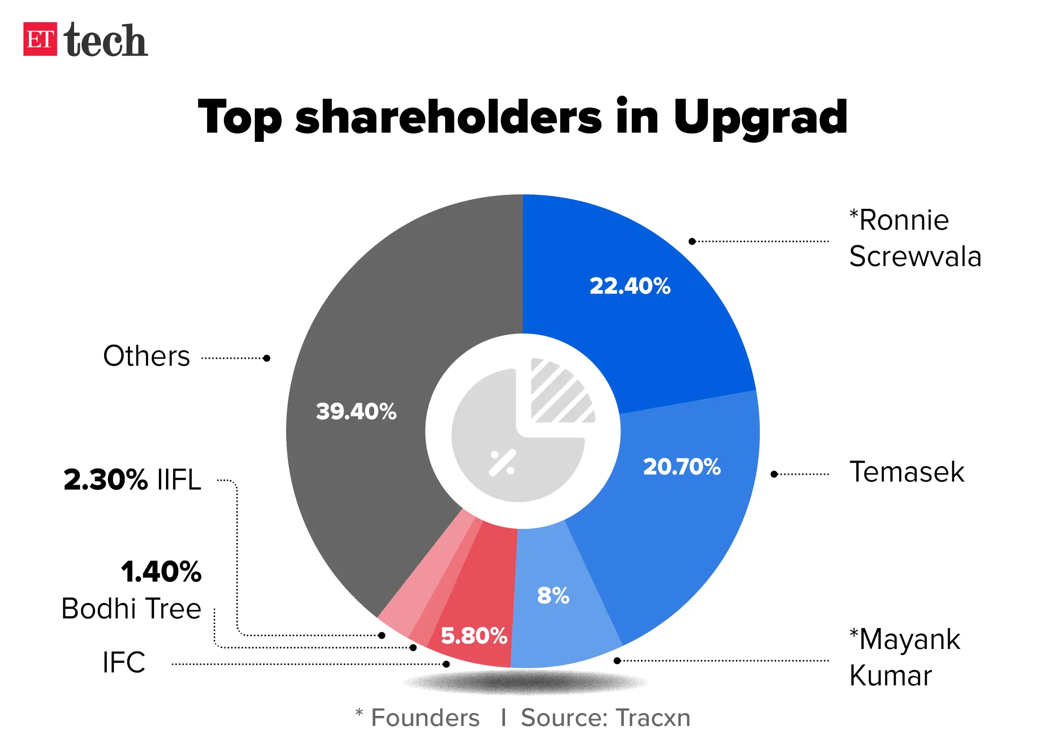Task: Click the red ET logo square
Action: [40, 39]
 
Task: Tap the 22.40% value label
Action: [630, 286]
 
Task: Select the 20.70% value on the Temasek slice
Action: [681, 467]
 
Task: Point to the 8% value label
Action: [553, 595]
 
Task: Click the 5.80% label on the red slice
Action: [474, 636]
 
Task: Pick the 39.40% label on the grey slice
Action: [356, 411]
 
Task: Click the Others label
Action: [146, 356]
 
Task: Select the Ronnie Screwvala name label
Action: [914, 238]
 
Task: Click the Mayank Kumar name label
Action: [904, 657]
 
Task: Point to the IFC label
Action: [123, 662]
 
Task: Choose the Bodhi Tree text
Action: [131, 608]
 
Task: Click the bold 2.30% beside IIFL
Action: [105, 480]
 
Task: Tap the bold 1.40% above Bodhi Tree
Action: [161, 572]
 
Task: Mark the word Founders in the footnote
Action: [425, 718]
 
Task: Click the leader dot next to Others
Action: [267, 358]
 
